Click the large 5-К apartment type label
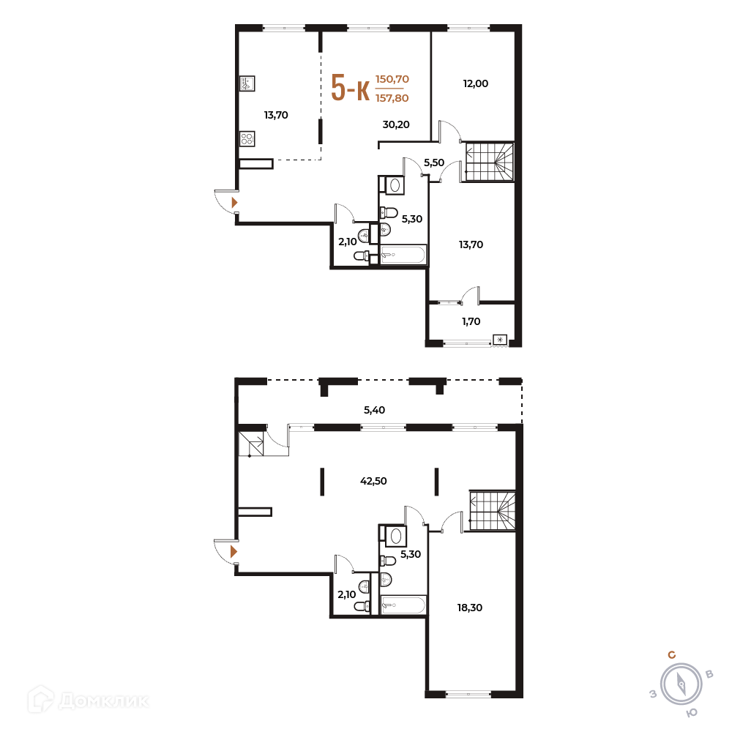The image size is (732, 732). coord(350,88)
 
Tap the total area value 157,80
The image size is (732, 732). coord(392,98)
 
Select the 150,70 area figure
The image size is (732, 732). coord(392,79)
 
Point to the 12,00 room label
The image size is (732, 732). coord(475,83)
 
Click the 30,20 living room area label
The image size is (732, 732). coord(396,124)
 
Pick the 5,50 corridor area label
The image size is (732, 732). coord(433,163)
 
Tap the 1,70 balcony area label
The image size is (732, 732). coord(471,321)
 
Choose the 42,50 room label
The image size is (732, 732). coord(373,481)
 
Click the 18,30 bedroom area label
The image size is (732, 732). coord(470,608)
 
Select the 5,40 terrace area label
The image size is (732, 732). coord(374,410)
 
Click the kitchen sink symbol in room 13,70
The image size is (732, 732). coord(247,83)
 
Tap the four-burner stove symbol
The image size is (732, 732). coord(247,138)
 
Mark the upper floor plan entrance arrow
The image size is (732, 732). coord(234,203)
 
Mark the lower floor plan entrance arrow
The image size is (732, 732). coord(234,552)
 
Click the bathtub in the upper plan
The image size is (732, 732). coord(403,255)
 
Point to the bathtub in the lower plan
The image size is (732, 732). coord(403,605)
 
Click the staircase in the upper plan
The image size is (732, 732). coord(490,162)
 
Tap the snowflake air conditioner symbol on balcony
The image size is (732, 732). coord(500,340)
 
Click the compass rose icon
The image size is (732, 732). coord(681,684)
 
